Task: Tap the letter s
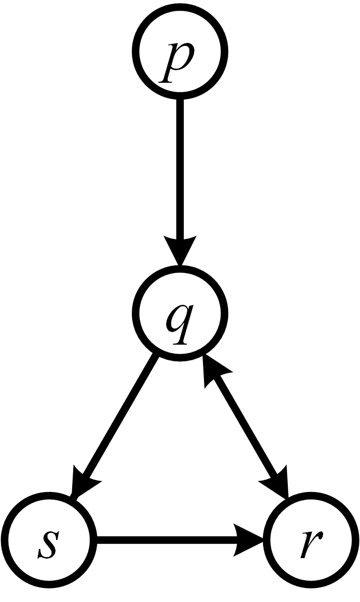pos(48,545)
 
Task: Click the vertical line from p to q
pos(180,167)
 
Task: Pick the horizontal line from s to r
pos(167,544)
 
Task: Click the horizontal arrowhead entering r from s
pos(250,544)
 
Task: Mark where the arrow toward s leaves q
pos(156,358)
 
